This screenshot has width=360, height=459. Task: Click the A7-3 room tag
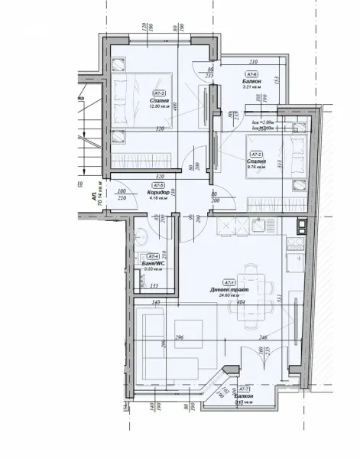[160, 93]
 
